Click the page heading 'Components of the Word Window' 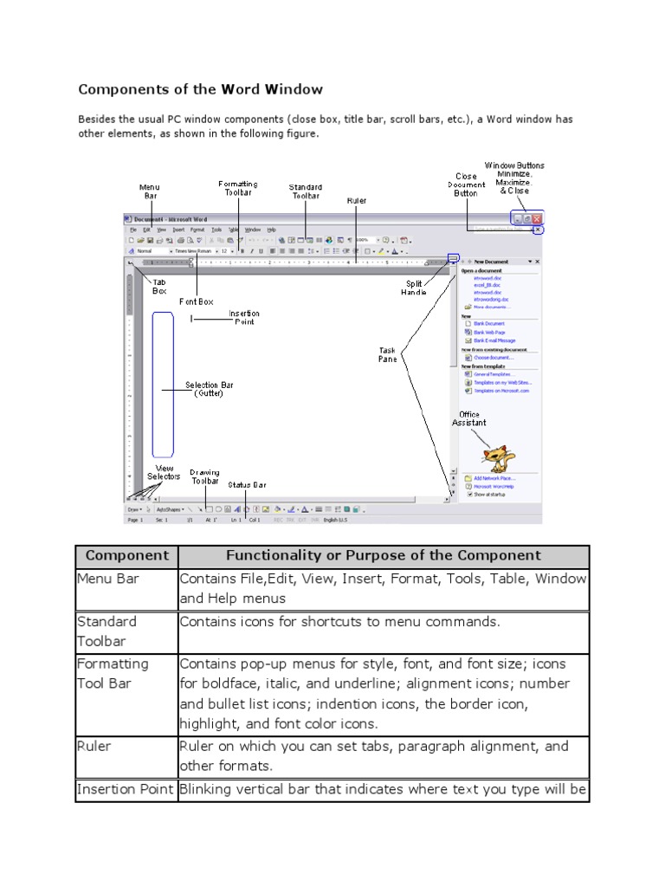[200, 89]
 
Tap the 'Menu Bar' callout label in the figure [150, 191]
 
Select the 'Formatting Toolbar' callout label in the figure [237, 188]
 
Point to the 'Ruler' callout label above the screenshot [357, 201]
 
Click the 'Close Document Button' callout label [466, 185]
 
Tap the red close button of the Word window [537, 220]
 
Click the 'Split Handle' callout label [415, 288]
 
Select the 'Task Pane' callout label [387, 355]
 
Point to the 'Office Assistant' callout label [468, 419]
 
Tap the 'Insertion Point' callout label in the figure [243, 318]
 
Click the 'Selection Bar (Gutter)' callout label [209, 389]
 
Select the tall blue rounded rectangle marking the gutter [163, 384]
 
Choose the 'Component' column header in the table [126, 556]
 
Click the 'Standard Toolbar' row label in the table [107, 631]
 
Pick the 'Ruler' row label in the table [95, 746]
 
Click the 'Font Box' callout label [196, 301]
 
